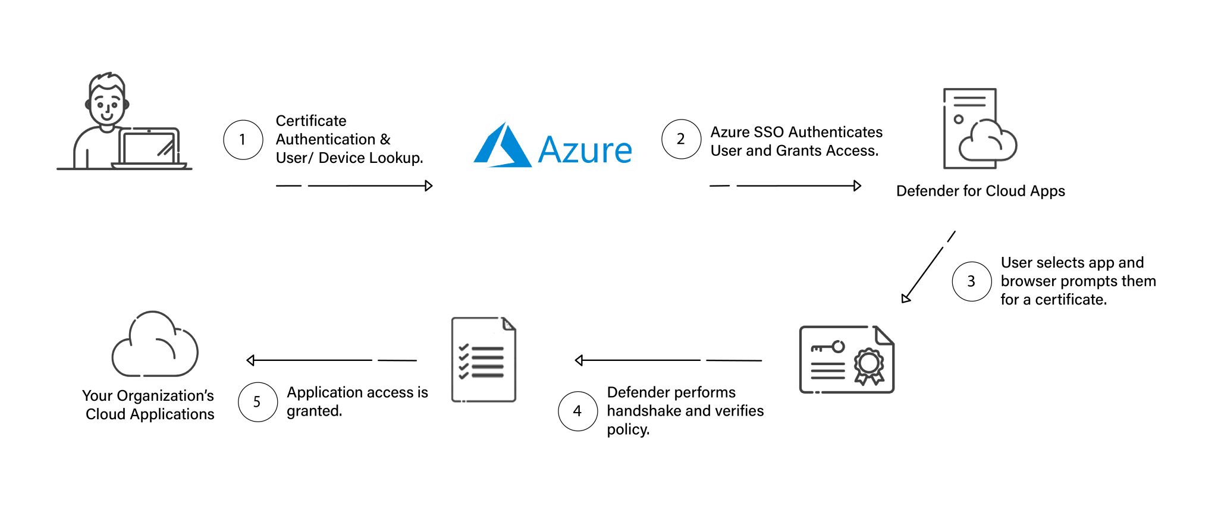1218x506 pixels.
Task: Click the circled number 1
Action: [x=243, y=140]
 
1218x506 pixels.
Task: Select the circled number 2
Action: [x=681, y=139]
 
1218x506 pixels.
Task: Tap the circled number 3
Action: [x=971, y=281]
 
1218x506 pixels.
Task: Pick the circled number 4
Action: [x=577, y=411]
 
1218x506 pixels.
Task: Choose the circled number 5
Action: [x=258, y=402]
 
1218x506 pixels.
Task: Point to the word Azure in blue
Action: [x=585, y=150]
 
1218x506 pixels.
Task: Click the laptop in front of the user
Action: [x=149, y=149]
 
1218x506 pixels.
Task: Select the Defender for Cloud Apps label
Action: [x=980, y=191]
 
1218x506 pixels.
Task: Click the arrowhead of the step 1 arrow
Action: [x=429, y=186]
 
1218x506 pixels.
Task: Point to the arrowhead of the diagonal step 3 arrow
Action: [x=905, y=298]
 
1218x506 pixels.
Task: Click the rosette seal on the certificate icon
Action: [x=869, y=364]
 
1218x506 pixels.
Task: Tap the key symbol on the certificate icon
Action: [x=828, y=347]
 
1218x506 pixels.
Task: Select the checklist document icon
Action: [x=484, y=359]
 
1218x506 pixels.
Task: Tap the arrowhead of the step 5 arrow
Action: [x=251, y=360]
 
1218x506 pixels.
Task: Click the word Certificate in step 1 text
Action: [x=311, y=121]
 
